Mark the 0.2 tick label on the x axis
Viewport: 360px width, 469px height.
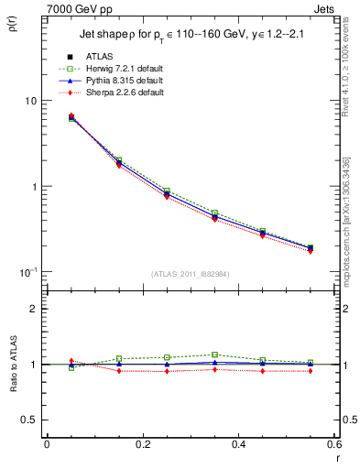tap(142, 444)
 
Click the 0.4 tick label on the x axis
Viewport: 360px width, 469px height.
tap(238, 444)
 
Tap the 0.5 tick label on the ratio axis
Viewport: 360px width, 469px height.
tap(30, 420)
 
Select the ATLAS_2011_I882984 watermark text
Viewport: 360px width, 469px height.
tap(190, 274)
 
